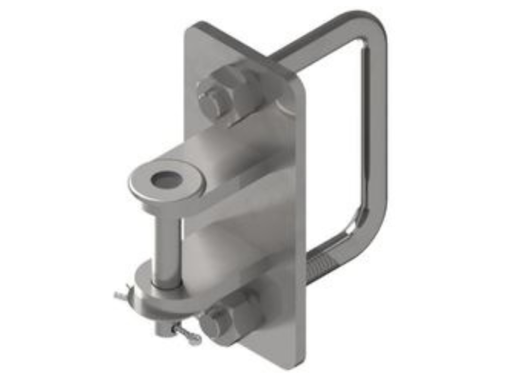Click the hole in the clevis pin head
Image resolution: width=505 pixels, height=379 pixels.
tap(166, 180)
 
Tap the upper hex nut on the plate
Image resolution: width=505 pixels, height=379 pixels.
tap(232, 91)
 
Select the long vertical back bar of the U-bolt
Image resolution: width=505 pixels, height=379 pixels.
tap(378, 123)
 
